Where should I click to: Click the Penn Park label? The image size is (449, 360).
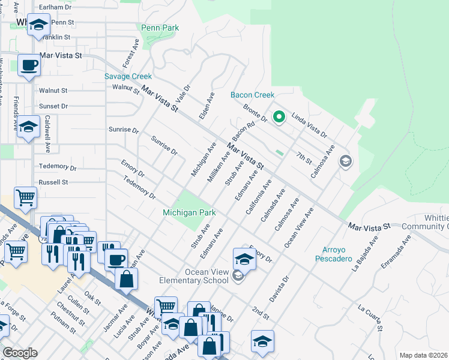[x=160, y=28]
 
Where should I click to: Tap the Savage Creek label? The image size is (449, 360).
[x=128, y=76]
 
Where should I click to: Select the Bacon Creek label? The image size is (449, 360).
[x=253, y=95]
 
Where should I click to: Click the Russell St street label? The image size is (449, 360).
[x=53, y=181]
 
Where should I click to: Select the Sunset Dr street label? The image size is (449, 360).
[x=53, y=106]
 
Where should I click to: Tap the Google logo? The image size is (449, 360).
[x=20, y=353]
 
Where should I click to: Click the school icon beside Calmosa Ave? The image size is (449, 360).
[x=345, y=161]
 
